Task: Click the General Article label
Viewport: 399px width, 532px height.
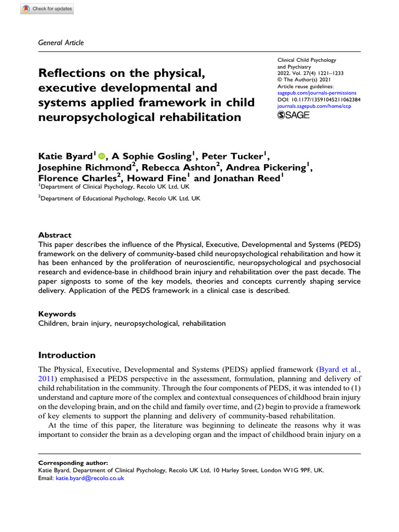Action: (x=61, y=43)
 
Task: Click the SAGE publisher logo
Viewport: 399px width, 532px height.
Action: (x=294, y=115)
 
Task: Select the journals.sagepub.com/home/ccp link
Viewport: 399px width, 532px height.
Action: (x=315, y=105)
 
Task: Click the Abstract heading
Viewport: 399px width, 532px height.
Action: (x=55, y=235)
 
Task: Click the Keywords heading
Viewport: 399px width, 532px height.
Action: (x=57, y=314)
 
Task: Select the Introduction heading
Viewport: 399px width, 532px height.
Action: (x=67, y=355)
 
